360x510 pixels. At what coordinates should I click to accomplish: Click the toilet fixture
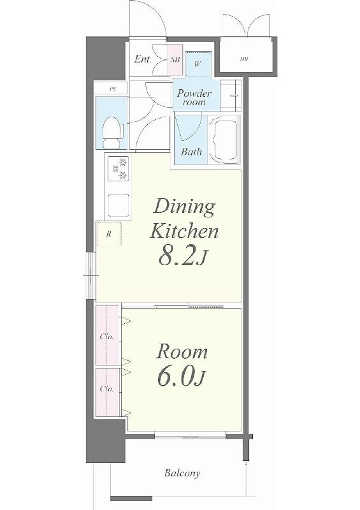click(113, 133)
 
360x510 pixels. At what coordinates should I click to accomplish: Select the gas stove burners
click(119, 168)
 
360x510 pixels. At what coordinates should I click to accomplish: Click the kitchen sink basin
click(119, 205)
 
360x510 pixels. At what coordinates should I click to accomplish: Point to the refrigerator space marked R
click(109, 233)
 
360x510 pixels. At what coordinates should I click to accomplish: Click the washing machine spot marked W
click(198, 64)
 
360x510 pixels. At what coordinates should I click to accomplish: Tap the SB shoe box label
click(175, 59)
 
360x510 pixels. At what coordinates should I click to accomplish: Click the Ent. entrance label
click(143, 59)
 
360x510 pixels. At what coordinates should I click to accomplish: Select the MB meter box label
click(244, 59)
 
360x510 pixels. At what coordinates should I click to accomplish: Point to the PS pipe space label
click(113, 89)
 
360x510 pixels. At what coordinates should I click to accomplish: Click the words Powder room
click(194, 98)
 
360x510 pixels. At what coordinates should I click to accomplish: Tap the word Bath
click(192, 151)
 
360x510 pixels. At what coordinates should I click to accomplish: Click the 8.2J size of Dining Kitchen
click(182, 256)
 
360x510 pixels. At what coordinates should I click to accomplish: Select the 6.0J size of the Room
click(182, 377)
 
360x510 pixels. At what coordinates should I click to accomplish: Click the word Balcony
click(182, 472)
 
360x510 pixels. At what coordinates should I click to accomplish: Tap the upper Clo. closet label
click(107, 337)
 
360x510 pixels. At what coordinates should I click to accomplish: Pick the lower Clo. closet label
click(107, 389)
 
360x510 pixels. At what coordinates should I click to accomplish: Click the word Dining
click(184, 208)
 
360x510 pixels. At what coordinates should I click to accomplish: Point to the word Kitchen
click(184, 231)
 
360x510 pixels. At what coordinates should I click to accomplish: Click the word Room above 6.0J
click(182, 353)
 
